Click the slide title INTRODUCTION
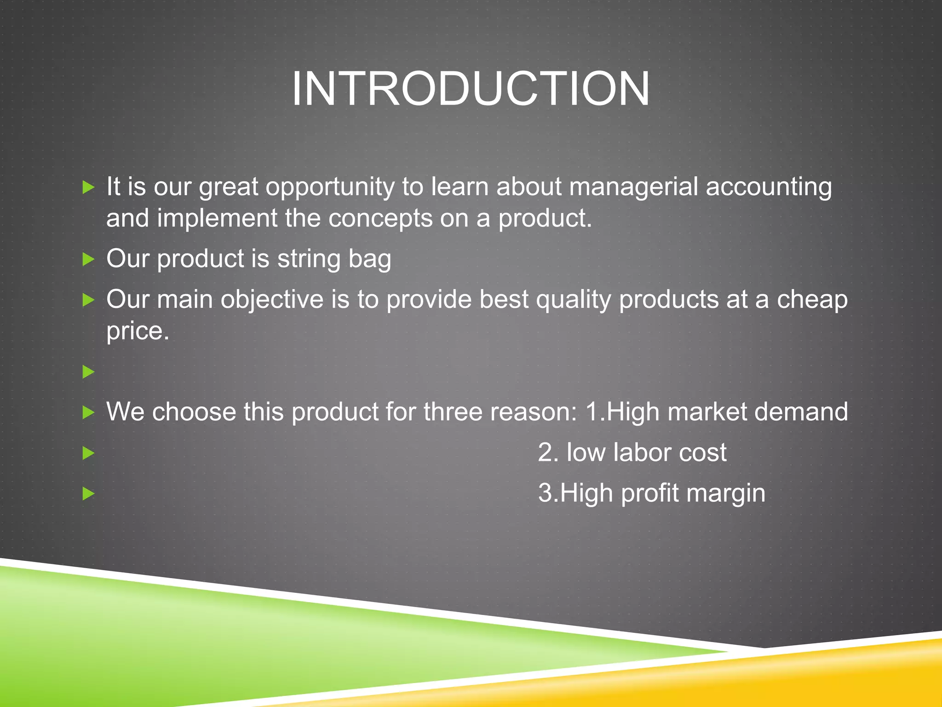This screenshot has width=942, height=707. click(471, 88)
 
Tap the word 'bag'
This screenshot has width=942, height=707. click(370, 259)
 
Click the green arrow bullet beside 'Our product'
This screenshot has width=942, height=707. click(88, 259)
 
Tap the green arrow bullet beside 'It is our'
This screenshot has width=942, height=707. click(88, 187)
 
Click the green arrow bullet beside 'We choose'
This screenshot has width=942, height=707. click(88, 412)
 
